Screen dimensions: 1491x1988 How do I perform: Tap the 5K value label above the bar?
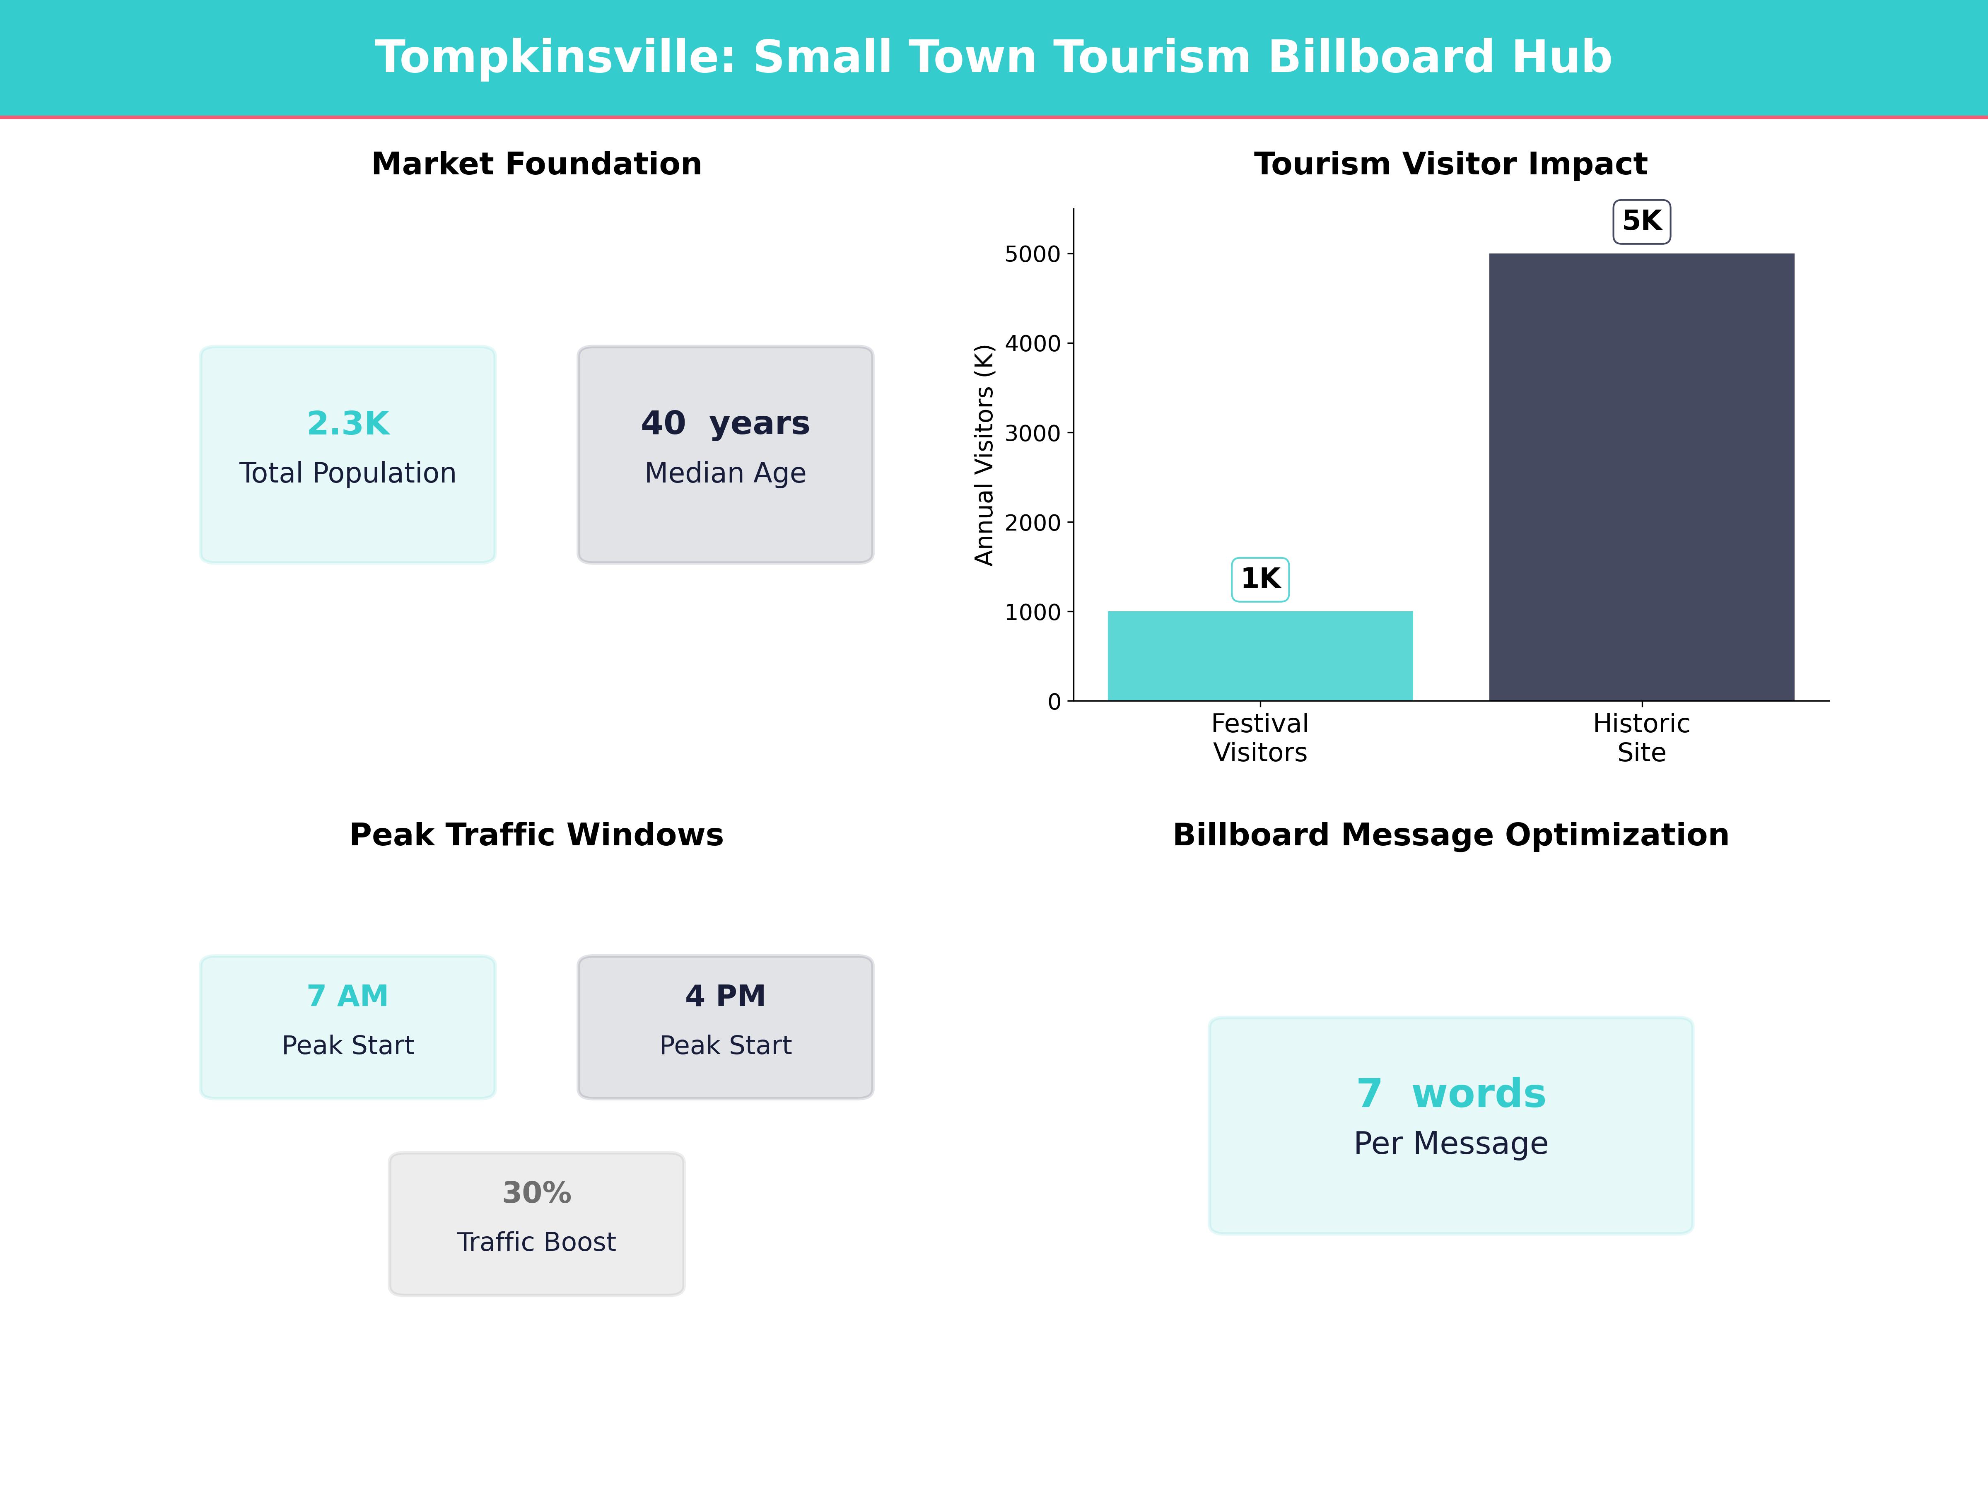(x=1641, y=221)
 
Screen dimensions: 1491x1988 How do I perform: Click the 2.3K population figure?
(x=348, y=423)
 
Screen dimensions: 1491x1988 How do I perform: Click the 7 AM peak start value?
(x=348, y=996)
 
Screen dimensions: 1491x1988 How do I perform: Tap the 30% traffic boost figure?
(x=536, y=1193)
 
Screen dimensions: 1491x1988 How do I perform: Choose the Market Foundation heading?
(x=536, y=164)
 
